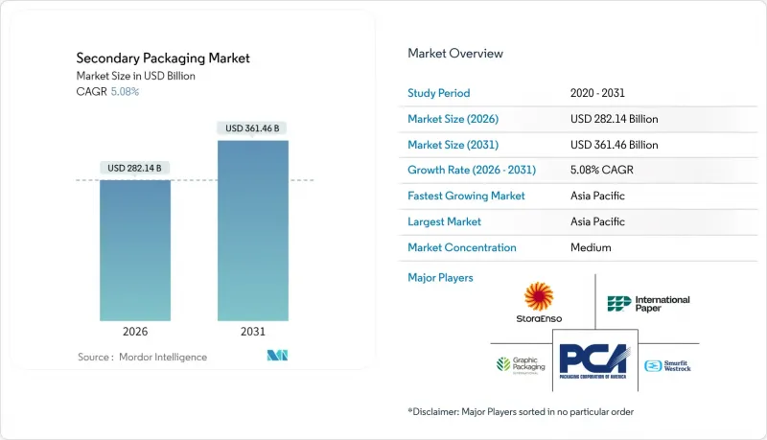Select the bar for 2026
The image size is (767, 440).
(135, 249)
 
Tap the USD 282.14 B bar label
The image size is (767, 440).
(135, 168)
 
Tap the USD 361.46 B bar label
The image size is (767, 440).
(253, 127)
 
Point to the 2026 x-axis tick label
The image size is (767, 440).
(135, 332)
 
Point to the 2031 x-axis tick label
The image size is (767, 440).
(253, 332)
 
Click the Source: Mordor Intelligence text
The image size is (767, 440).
(142, 357)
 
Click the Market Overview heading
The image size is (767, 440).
(455, 53)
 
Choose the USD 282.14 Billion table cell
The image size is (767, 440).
(614, 119)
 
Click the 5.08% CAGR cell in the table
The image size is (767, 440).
(600, 170)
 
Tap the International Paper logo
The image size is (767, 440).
(648, 304)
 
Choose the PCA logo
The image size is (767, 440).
(595, 365)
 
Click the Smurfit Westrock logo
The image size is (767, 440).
(667, 365)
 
